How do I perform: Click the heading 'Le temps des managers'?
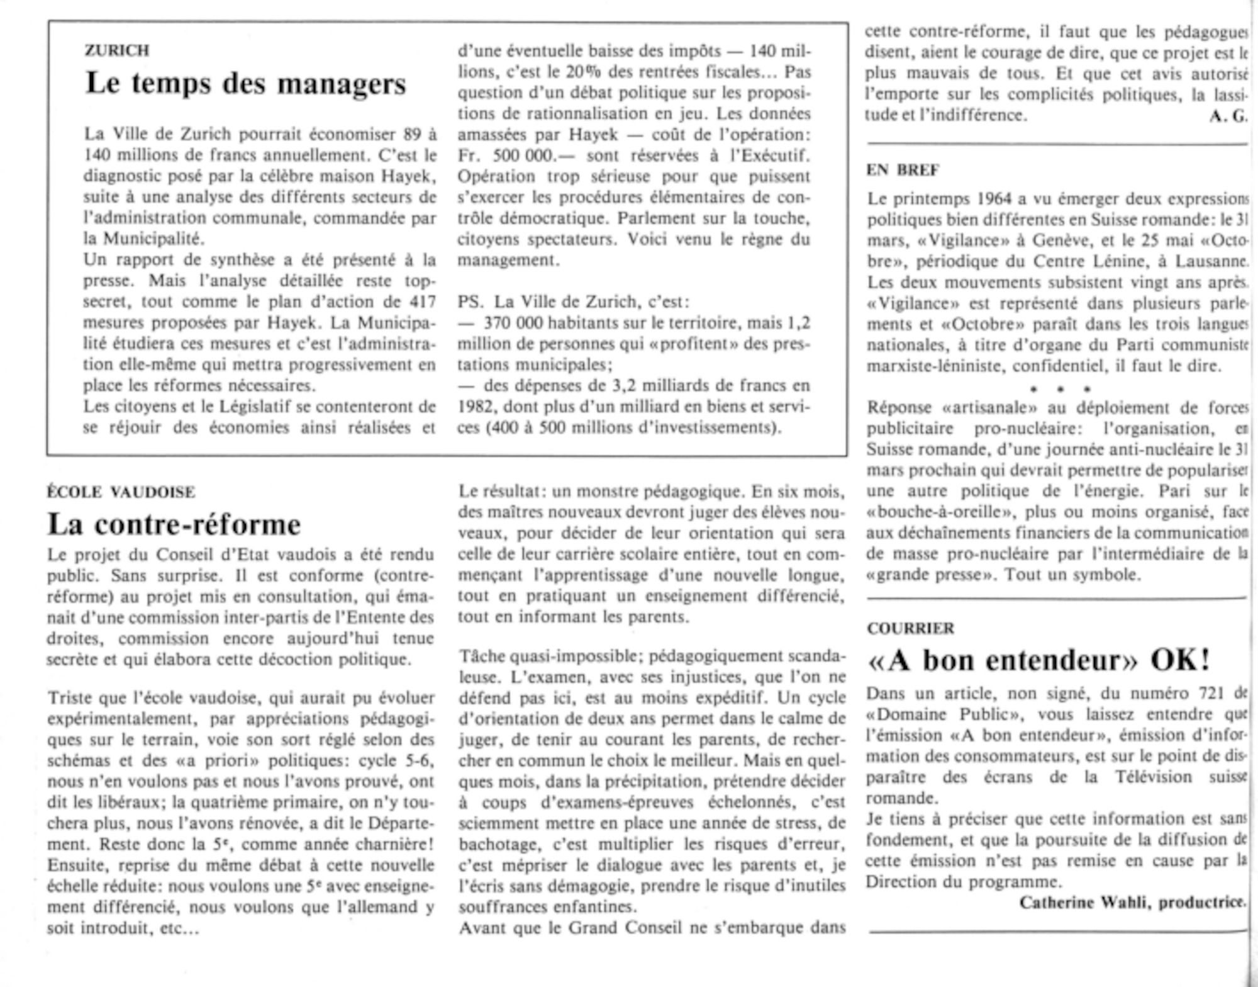[246, 84]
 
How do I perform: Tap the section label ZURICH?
[117, 50]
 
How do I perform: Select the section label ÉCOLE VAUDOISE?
[121, 492]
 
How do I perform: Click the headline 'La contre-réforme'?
[174, 524]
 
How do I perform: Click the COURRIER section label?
[910, 628]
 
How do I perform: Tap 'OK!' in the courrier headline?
[1180, 660]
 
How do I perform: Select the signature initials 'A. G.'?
[1227, 116]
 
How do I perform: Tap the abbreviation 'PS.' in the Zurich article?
[470, 302]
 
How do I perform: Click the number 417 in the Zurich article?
[422, 302]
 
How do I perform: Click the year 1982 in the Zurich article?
[477, 407]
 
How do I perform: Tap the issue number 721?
[1206, 694]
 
